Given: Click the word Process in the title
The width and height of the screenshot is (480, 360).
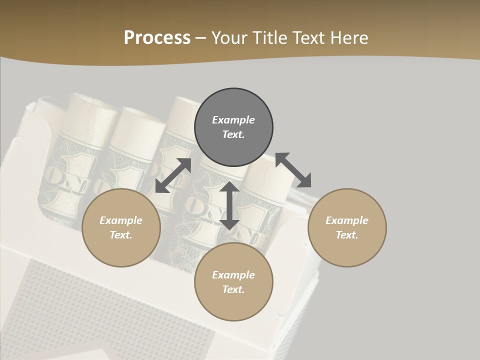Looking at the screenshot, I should point(157,38).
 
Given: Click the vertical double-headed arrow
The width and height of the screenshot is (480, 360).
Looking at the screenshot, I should point(229,205).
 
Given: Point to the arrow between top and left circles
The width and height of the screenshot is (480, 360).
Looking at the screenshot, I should point(173,175).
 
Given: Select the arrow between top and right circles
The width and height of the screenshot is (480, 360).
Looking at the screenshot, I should point(293,170).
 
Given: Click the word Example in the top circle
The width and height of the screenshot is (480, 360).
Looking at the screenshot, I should point(233,120).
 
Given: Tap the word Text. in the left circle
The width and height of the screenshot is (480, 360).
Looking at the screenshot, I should point(121,235).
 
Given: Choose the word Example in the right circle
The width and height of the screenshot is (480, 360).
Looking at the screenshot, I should point(347,220).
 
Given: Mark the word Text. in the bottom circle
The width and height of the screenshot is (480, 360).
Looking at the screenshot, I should point(233,289).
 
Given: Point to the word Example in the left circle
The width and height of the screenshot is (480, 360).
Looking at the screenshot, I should point(121,220).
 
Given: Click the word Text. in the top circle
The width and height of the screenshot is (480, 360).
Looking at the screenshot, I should point(233,134).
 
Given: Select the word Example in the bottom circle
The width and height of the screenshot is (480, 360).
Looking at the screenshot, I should point(233,275).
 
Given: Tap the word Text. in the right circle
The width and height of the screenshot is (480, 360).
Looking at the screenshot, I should point(347,235).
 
